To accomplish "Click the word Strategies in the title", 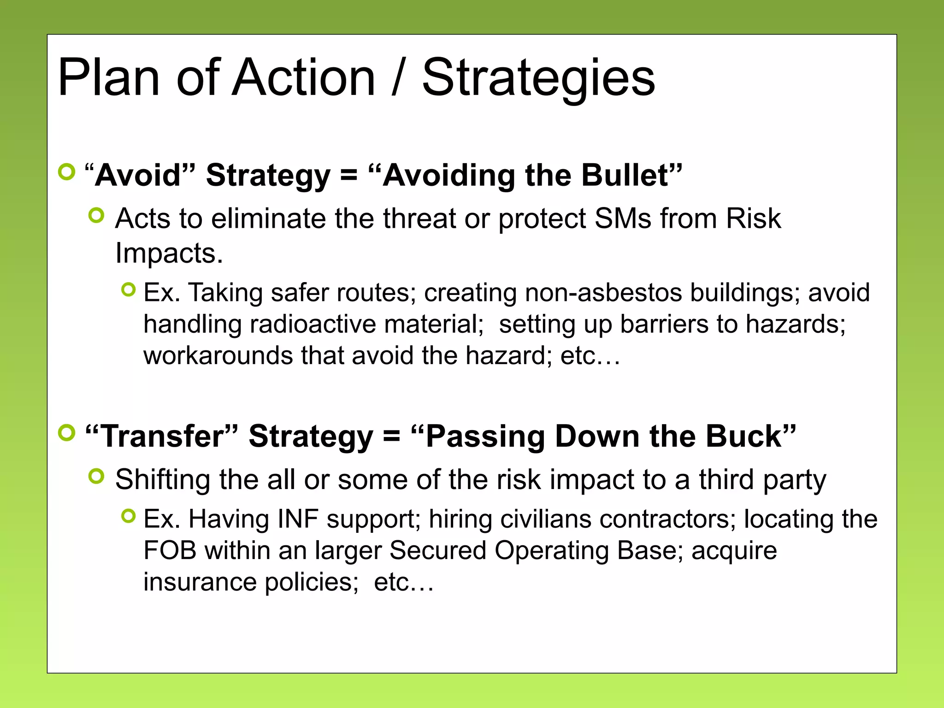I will [538, 78].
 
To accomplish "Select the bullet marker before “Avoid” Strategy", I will [67, 172].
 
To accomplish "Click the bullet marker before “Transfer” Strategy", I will [67, 433].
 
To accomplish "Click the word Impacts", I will [169, 253].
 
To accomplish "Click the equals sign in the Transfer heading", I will [391, 436].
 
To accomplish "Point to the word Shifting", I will [163, 479].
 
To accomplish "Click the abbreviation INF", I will [298, 519].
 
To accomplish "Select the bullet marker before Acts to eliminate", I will [96, 215].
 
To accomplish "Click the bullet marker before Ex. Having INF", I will [129, 516].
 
